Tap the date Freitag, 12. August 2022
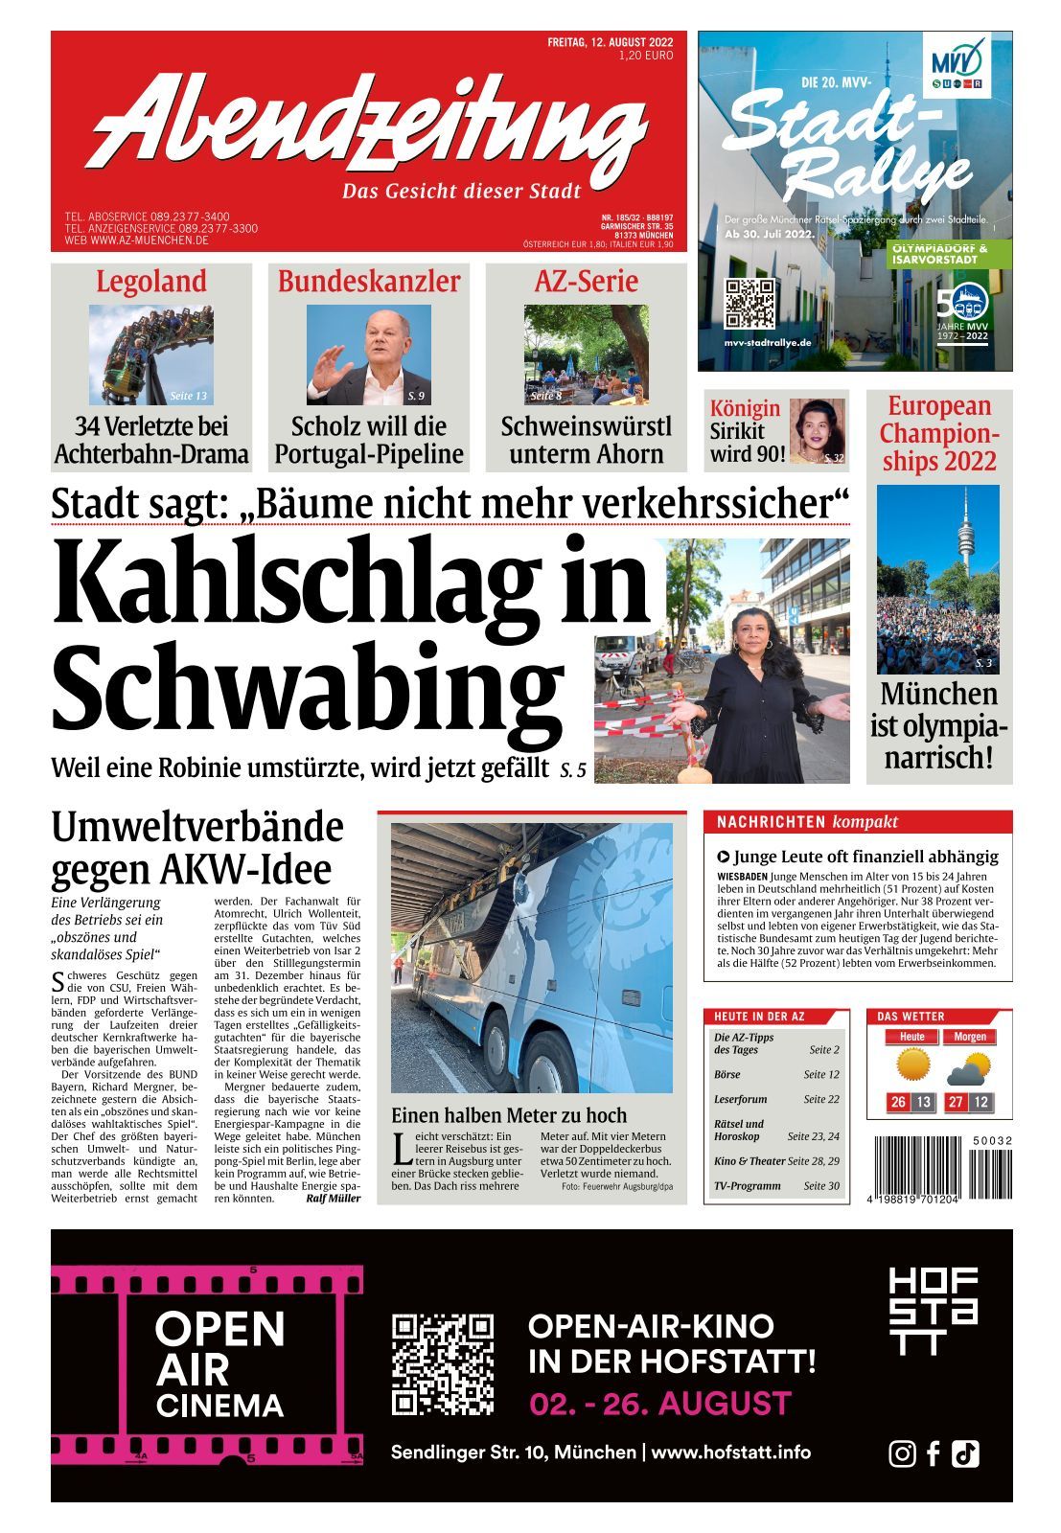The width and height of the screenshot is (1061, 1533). pyautogui.click(x=610, y=42)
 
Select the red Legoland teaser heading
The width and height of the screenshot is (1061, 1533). pyautogui.click(x=151, y=281)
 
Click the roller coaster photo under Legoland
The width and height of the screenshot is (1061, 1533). pyautogui.click(x=151, y=355)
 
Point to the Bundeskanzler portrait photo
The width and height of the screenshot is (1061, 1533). pyautogui.click(x=369, y=355)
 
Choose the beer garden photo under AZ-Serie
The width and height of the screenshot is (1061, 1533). pyautogui.click(x=586, y=355)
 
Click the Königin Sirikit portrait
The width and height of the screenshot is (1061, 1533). pyautogui.click(x=817, y=431)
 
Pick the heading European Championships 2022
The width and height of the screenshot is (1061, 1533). pyautogui.click(x=939, y=433)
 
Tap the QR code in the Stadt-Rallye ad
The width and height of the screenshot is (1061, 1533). pyautogui.click(x=749, y=304)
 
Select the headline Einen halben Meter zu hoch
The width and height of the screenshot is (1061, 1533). pyautogui.click(x=508, y=1115)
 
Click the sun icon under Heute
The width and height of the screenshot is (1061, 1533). pyautogui.click(x=912, y=1065)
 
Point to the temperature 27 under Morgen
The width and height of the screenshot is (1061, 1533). pyautogui.click(x=956, y=1103)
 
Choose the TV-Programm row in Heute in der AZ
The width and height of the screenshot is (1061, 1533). pyautogui.click(x=775, y=1186)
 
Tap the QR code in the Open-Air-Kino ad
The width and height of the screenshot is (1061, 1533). pyautogui.click(x=443, y=1364)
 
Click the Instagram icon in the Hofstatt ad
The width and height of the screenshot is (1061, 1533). pyautogui.click(x=902, y=1453)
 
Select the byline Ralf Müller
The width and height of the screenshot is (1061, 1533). pyautogui.click(x=333, y=1199)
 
